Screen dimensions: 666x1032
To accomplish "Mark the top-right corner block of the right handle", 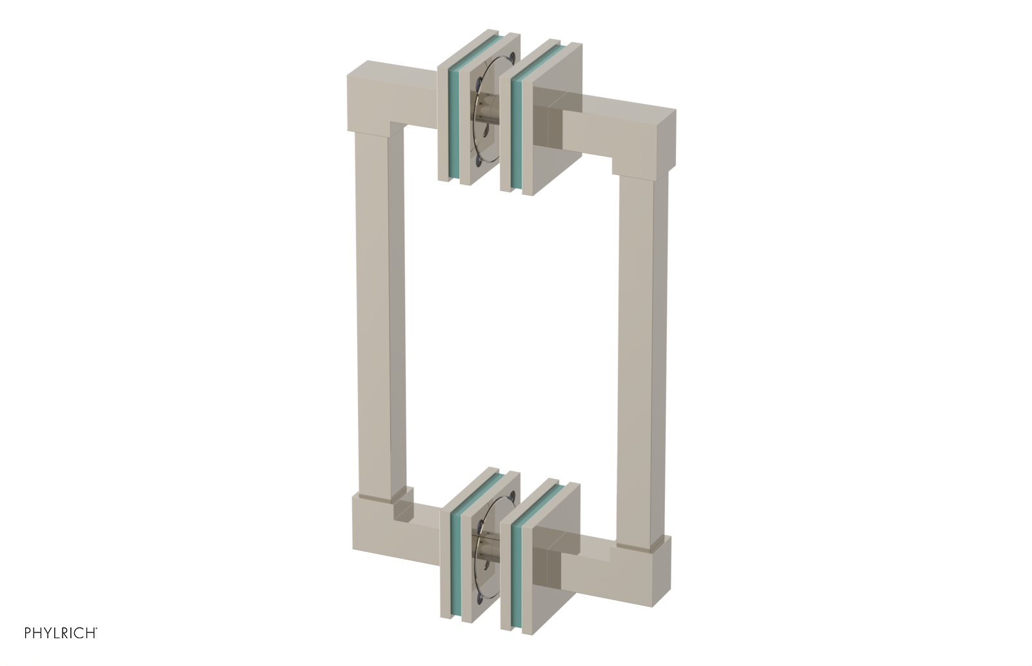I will [x=651, y=136].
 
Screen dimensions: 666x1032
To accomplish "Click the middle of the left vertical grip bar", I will [x=381, y=316].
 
